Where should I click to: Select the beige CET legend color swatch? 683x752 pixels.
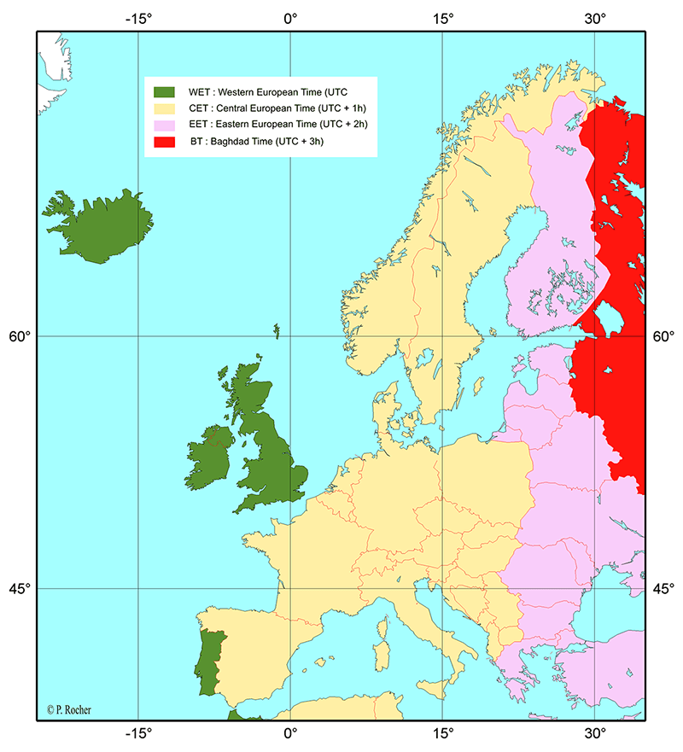tap(163, 108)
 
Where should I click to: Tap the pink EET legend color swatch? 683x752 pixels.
tap(163, 125)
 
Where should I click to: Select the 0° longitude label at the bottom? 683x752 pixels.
tap(290, 732)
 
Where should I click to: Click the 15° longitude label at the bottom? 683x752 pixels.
tap(442, 732)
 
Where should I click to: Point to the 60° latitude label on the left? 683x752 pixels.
tap(20, 336)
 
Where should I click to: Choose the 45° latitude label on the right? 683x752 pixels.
tap(663, 588)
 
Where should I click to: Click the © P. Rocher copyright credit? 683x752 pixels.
tap(71, 708)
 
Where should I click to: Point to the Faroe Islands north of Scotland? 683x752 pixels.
tap(277, 329)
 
